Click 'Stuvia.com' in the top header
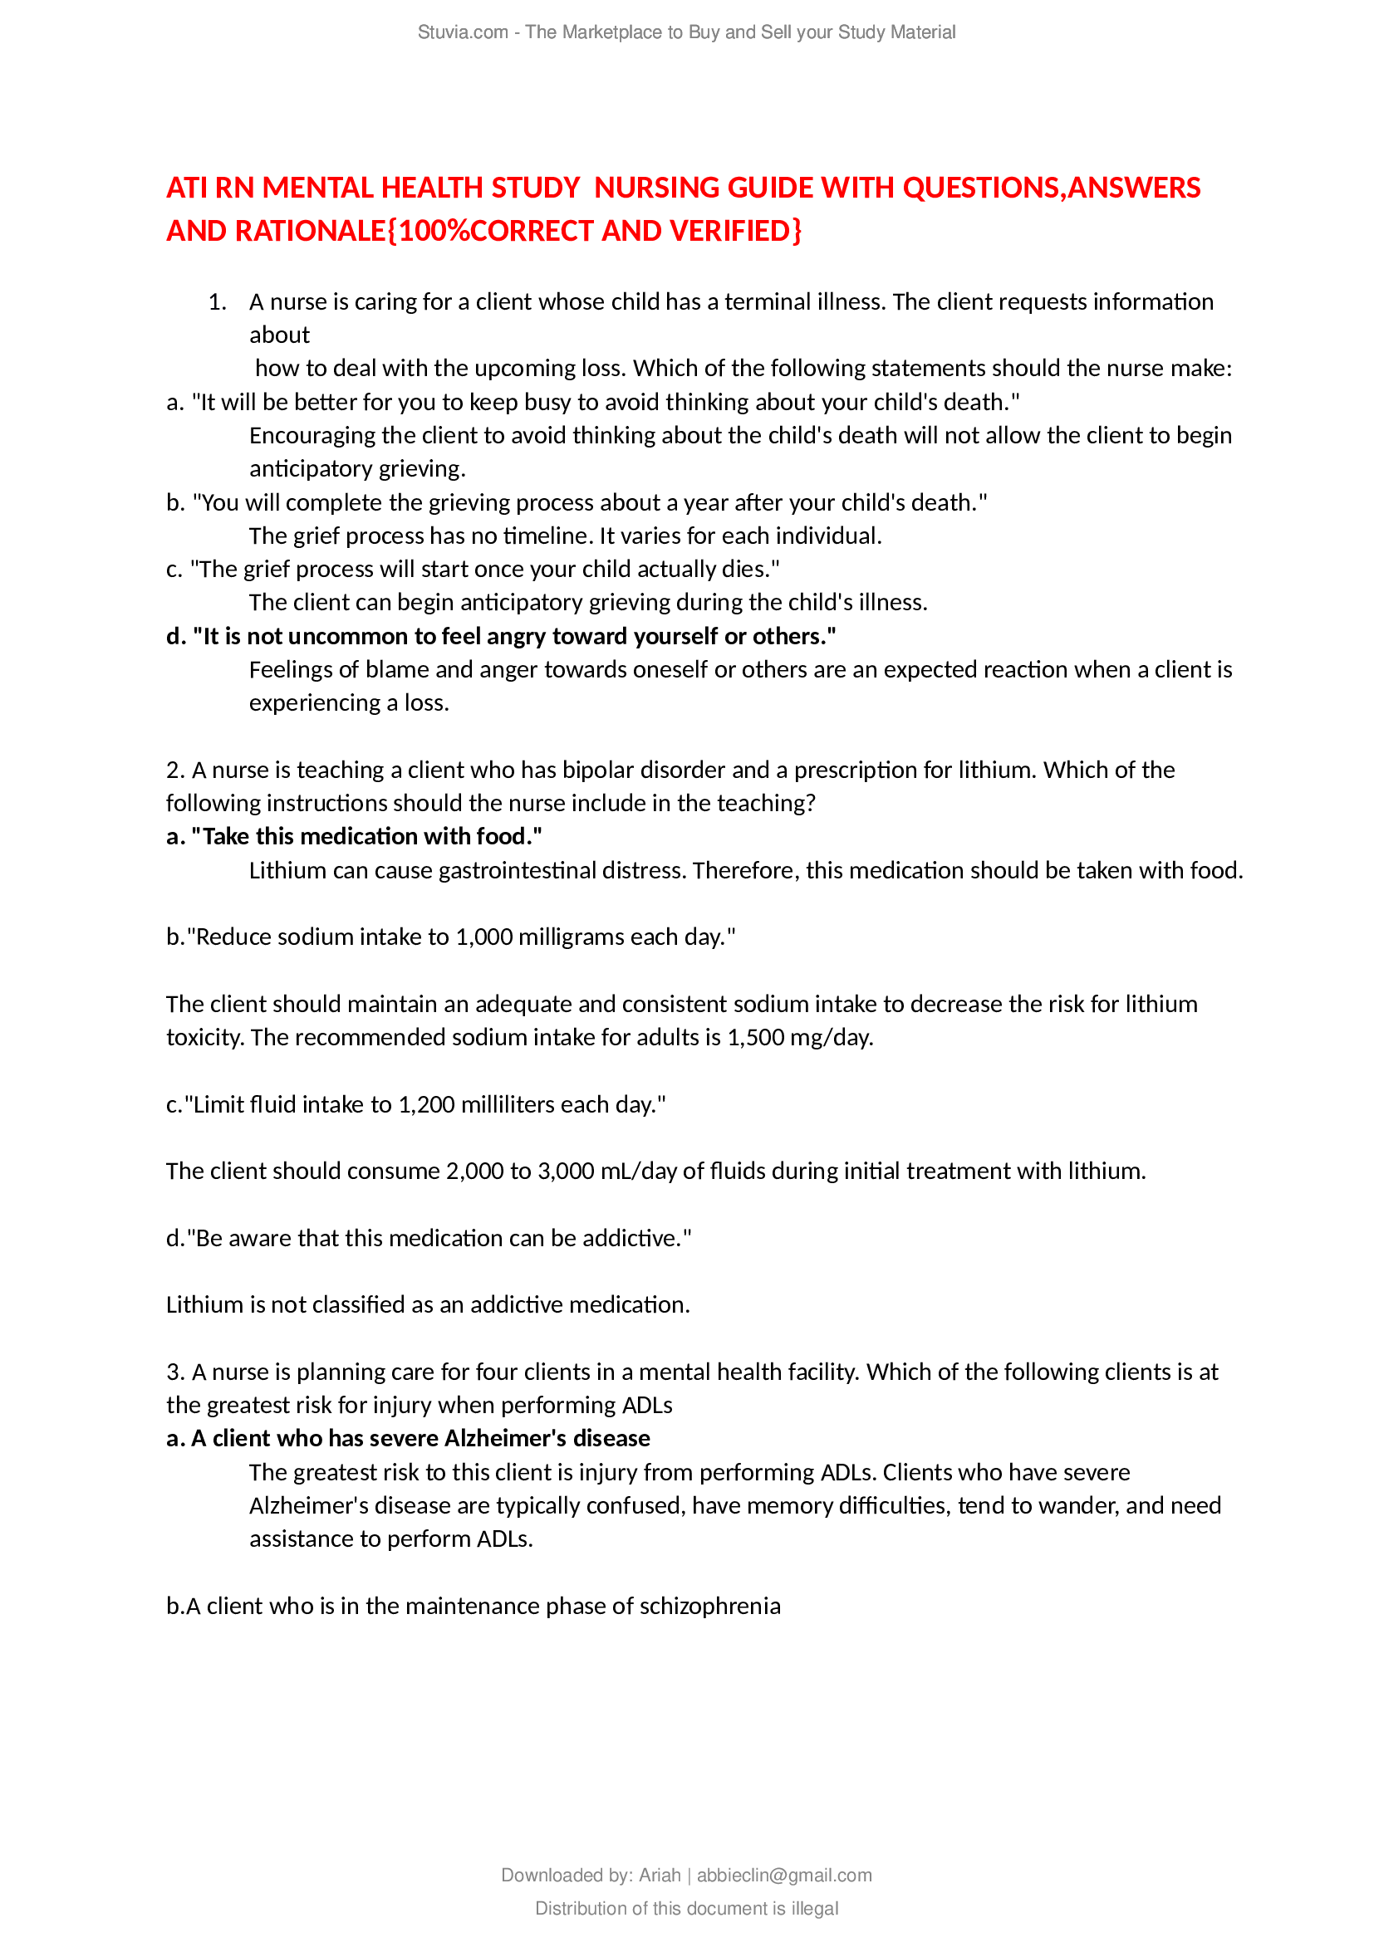click(462, 32)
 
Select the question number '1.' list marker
click(218, 302)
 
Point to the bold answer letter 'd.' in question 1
click(176, 636)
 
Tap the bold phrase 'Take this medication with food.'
click(366, 837)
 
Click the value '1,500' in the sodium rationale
click(754, 1037)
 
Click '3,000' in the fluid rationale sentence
click(565, 1171)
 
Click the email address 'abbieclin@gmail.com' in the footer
click(783, 1876)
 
